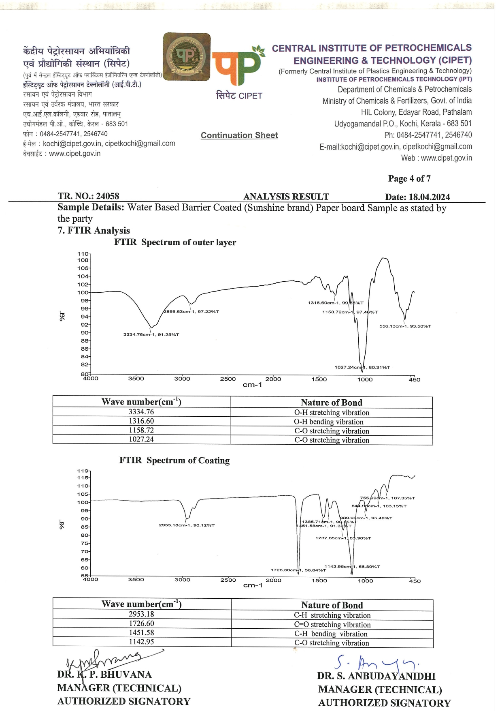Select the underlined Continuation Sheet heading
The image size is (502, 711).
(239, 135)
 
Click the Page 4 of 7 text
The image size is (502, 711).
(409, 178)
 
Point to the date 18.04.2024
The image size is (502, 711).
(429, 197)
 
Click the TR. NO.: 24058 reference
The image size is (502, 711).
(88, 197)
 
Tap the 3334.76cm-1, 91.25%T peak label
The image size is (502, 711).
(151, 334)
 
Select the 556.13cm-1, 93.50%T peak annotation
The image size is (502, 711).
(405, 326)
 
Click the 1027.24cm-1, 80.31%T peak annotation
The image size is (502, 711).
(362, 367)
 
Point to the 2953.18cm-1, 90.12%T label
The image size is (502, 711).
(187, 525)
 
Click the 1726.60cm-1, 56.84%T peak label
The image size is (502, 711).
(298, 570)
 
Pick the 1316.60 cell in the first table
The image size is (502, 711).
(141, 421)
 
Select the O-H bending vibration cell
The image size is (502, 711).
(332, 422)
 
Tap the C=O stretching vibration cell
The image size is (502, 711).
(332, 625)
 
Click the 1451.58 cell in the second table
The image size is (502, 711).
(141, 632)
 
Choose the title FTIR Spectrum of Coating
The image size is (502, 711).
(174, 460)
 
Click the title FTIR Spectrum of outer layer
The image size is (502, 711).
(175, 242)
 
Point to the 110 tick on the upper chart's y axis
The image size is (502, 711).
(83, 254)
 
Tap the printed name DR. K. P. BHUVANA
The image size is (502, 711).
(104, 675)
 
